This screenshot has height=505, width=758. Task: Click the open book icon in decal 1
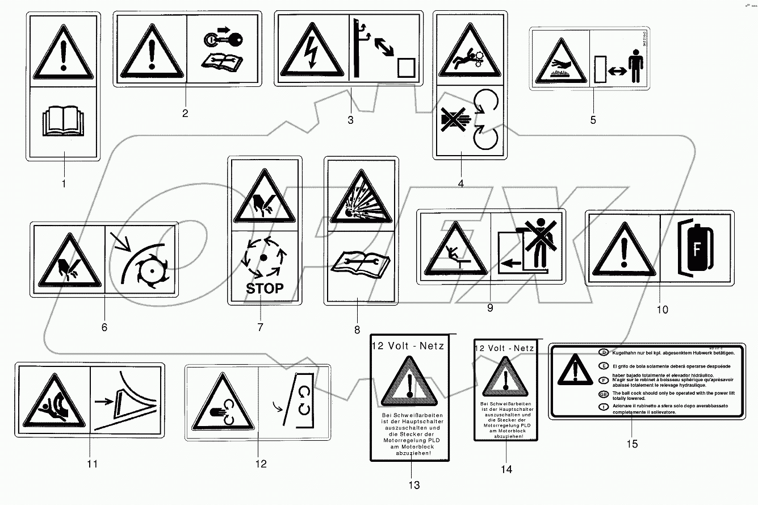point(63,122)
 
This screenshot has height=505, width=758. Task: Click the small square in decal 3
point(406,68)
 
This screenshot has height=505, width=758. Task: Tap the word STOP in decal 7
point(265,289)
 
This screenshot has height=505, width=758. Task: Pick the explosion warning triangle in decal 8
point(357,199)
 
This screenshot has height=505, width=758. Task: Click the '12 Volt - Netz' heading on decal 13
point(408,345)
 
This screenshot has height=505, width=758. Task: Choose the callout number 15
point(632,444)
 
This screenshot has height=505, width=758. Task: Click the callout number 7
point(260,327)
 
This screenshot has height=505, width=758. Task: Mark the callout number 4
point(460,183)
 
